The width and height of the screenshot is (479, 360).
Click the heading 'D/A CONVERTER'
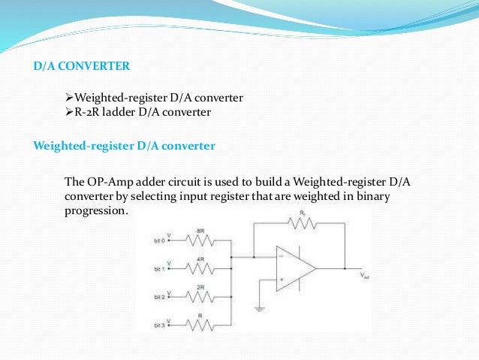(83, 66)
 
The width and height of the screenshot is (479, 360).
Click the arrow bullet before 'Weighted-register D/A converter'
(70, 98)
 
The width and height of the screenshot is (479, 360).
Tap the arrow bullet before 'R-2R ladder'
(70, 113)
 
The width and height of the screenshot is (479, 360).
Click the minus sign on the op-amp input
(281, 257)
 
